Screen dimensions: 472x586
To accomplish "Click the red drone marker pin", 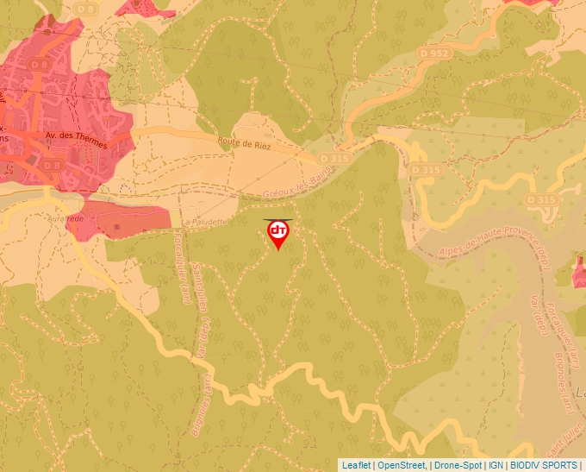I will (278, 233).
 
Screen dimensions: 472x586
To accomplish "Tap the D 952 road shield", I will (436, 53).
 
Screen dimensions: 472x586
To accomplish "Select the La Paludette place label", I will (205, 222).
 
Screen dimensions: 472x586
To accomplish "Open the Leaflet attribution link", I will (356, 465).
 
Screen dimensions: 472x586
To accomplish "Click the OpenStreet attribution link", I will (402, 465).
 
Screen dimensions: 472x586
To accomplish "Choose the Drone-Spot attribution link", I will (458, 465).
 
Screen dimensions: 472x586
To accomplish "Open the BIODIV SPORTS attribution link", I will (543, 465).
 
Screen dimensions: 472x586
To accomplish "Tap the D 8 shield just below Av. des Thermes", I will (53, 165).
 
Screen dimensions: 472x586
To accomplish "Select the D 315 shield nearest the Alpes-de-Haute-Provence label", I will (541, 200).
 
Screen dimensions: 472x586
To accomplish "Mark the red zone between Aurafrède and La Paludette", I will (121, 220).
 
